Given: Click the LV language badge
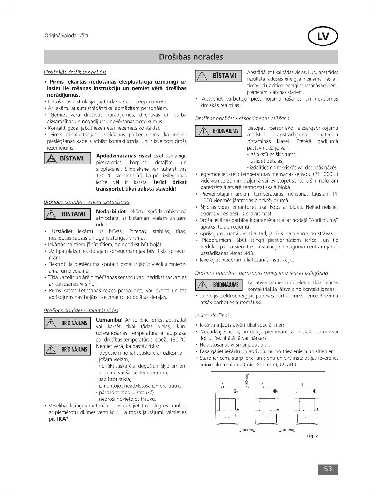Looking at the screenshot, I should pyautogui.click(x=323, y=36).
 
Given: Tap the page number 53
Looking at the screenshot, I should pyautogui.click(x=328, y=469).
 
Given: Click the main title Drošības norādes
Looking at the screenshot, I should pyautogui.click(x=191, y=57).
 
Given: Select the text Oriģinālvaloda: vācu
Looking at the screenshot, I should pyautogui.click(x=67, y=36).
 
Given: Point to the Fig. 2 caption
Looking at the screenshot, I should pyautogui.click(x=312, y=436).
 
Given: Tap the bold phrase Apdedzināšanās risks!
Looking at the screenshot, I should pyautogui.click(x=124, y=156).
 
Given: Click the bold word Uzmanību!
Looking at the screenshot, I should pyautogui.click(x=109, y=320).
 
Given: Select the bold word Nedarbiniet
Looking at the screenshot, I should pyautogui.click(x=111, y=212).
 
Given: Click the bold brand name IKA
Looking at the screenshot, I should pyautogui.click(x=62, y=419).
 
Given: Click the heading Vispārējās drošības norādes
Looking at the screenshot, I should pyautogui.click(x=75, y=73).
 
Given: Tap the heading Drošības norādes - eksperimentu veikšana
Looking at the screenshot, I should pyautogui.click(x=242, y=119).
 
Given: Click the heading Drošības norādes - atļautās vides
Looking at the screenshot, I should pyautogui.click(x=81, y=310).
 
